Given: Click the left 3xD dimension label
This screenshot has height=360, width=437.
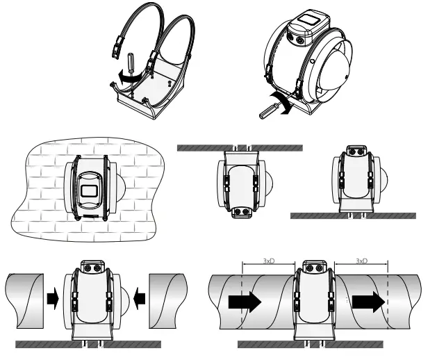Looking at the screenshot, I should [269, 261].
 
